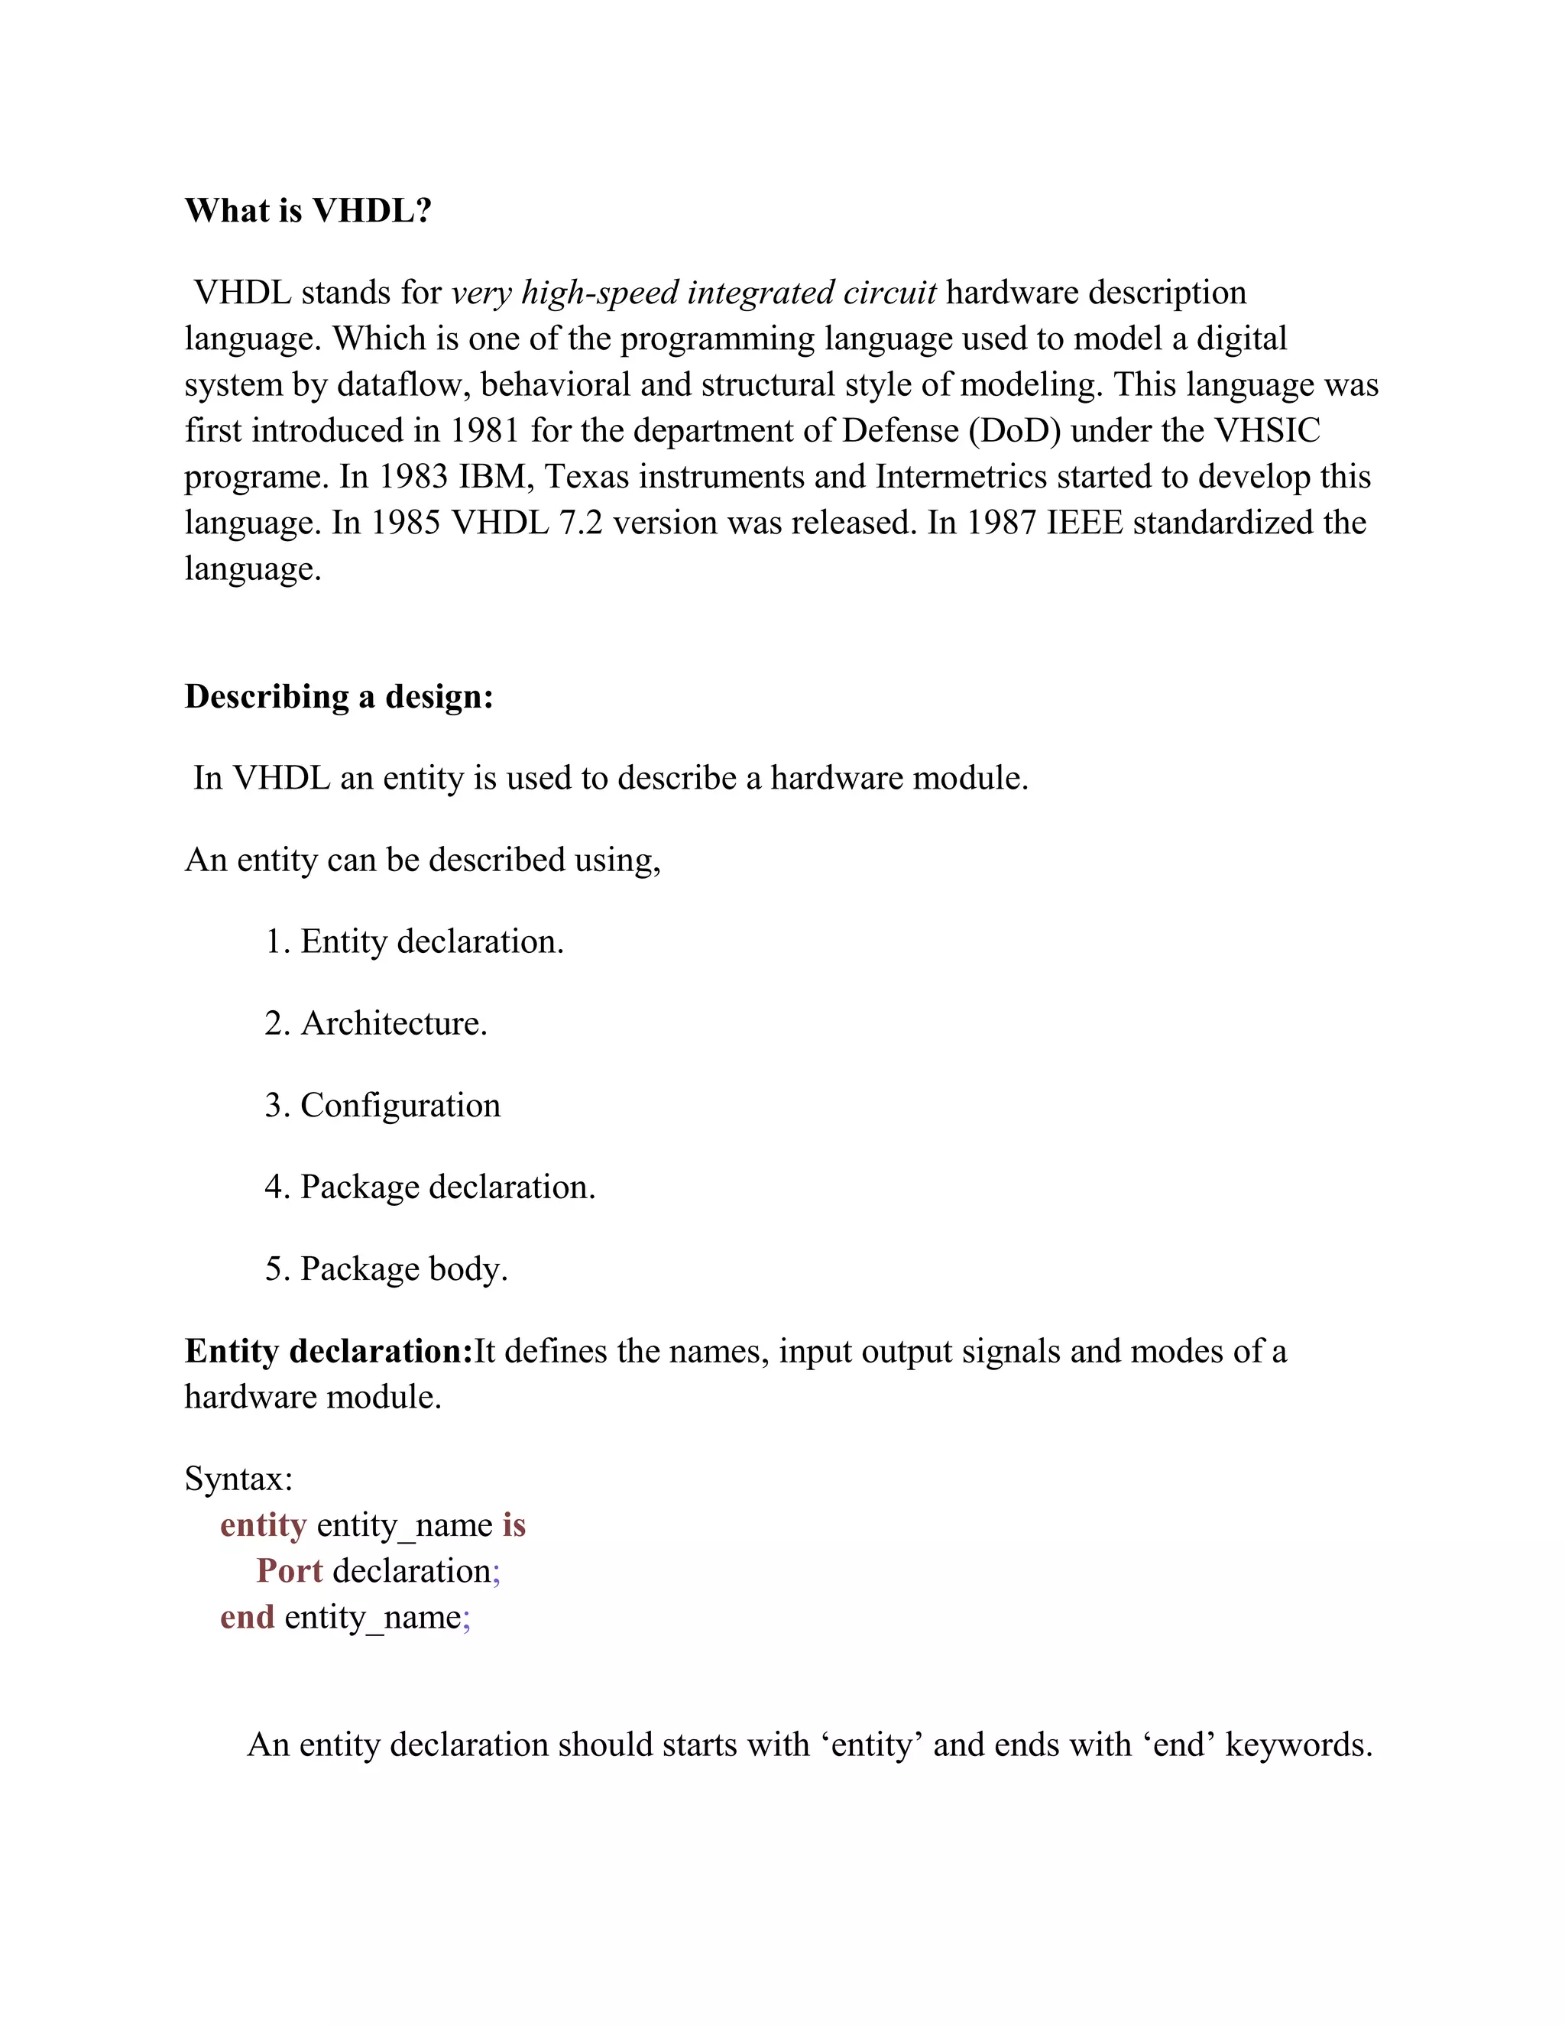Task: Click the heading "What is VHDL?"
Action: point(308,212)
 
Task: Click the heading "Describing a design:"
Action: point(339,696)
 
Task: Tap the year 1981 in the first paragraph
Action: point(485,431)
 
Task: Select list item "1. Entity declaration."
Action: point(414,942)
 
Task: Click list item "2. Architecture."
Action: point(375,1024)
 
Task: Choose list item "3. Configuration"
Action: point(382,1105)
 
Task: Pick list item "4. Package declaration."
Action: point(430,1187)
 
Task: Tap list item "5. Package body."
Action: point(387,1269)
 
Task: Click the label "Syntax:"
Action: point(238,1479)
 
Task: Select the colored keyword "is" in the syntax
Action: point(514,1525)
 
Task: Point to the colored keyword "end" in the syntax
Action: point(248,1617)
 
